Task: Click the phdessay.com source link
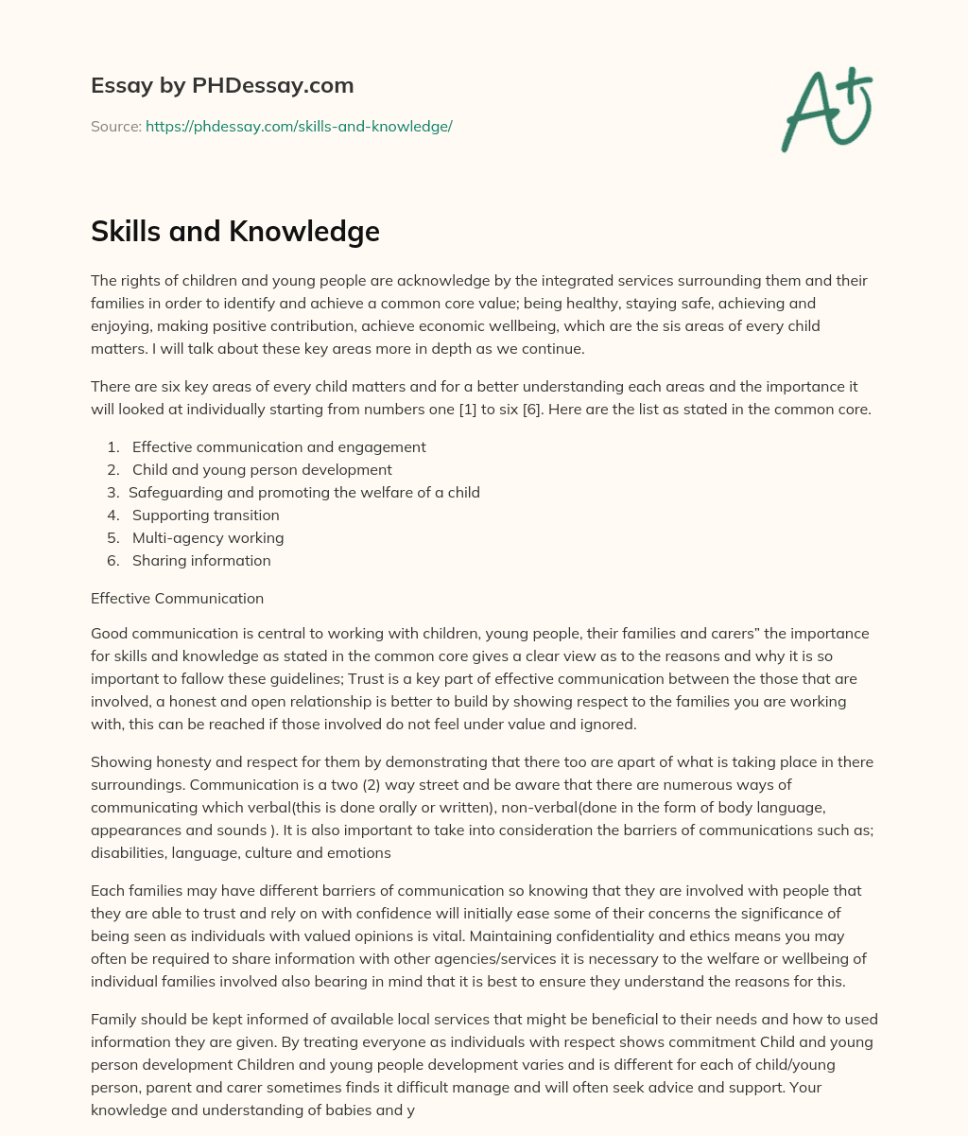[299, 126]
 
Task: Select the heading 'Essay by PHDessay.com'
[222, 85]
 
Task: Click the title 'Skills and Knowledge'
[235, 231]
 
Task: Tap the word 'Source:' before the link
[115, 126]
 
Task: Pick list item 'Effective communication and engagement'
[279, 446]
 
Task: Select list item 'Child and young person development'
[262, 469]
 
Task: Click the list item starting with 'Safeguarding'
[304, 492]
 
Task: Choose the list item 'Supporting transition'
[206, 515]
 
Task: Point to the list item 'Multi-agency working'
[208, 537]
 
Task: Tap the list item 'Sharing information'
[201, 560]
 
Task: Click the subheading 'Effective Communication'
[177, 598]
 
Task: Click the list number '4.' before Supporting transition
[113, 515]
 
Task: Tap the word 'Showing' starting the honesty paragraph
[118, 762]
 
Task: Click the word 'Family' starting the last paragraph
[113, 1019]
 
